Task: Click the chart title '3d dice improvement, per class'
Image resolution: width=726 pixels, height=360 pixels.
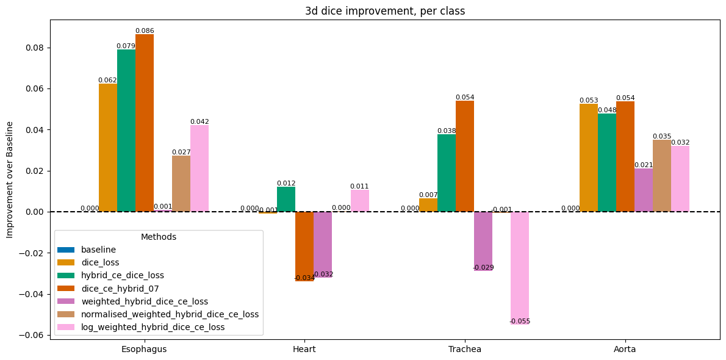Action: click(385, 11)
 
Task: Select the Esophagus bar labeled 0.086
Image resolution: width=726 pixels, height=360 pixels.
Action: click(145, 123)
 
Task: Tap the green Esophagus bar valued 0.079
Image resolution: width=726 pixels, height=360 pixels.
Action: click(126, 131)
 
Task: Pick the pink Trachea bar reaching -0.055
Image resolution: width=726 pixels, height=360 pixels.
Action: click(520, 267)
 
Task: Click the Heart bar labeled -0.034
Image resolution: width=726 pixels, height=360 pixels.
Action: click(304, 246)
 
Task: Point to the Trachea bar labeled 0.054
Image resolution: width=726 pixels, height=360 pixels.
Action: click(465, 156)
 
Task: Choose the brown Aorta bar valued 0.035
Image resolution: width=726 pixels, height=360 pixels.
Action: click(662, 176)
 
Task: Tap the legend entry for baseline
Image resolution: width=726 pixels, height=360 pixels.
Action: click(98, 250)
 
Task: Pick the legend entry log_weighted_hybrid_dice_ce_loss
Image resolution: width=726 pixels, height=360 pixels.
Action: click(153, 327)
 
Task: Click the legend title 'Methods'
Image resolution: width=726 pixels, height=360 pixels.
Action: click(159, 237)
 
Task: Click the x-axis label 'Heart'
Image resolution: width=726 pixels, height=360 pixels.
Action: click(304, 349)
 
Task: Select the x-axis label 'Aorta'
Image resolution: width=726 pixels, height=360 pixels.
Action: click(625, 349)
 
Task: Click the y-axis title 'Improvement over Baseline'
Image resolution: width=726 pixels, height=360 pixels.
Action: click(10, 179)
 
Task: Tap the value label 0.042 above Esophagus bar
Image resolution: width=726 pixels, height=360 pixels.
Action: click(199, 121)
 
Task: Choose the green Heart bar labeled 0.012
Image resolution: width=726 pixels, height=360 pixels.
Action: click(286, 199)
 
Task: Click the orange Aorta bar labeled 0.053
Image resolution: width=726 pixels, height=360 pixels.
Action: click(589, 157)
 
